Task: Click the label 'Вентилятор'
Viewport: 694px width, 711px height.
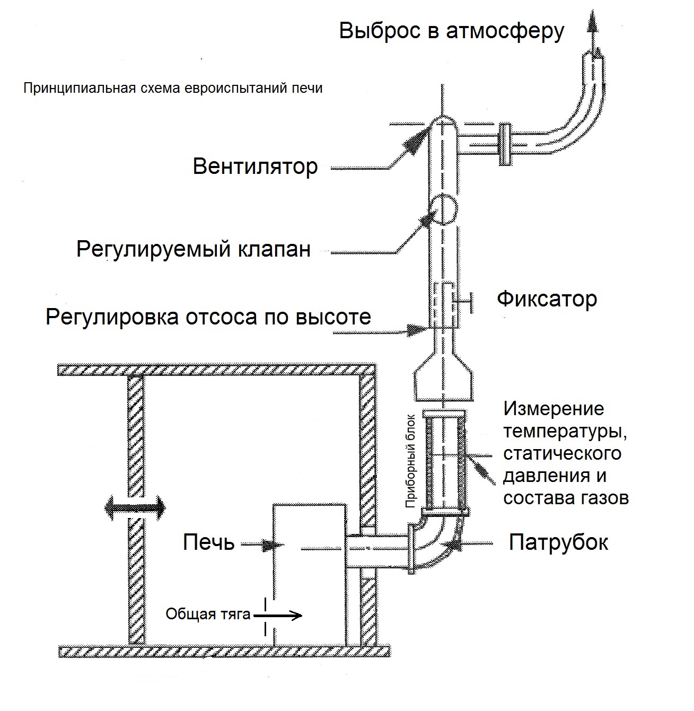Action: [x=255, y=166]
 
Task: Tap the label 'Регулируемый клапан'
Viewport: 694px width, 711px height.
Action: [x=193, y=249]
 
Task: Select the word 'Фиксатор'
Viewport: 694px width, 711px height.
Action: [x=547, y=300]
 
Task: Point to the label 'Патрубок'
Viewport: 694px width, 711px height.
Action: [x=558, y=542]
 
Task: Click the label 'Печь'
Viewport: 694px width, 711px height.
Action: [x=208, y=542]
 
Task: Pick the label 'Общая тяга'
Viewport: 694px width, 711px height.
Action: [x=207, y=615]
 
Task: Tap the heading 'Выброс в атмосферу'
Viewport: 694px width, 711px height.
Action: [x=452, y=31]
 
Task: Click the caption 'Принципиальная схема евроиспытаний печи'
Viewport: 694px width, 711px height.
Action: [x=173, y=88]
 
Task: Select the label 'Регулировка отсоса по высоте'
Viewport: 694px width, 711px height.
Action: [x=208, y=317]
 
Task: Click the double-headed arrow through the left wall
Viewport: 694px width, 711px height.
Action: [x=135, y=507]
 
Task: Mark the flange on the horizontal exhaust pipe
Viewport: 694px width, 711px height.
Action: [x=505, y=144]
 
